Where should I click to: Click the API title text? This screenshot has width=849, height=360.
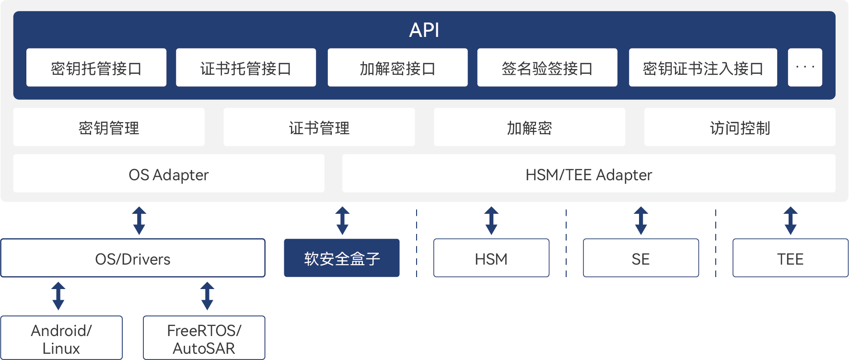(424, 30)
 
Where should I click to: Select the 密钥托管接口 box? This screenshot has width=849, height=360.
(96, 68)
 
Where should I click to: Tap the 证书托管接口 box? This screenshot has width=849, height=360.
(245, 68)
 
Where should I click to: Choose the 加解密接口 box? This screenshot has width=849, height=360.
(397, 68)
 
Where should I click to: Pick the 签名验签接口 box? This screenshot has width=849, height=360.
(547, 68)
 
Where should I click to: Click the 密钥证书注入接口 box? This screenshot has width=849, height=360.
(702, 68)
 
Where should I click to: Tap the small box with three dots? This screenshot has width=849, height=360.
(804, 68)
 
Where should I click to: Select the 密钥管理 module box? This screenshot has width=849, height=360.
(109, 127)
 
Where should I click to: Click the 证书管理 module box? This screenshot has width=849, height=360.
(319, 127)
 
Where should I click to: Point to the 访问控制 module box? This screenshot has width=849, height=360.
(739, 127)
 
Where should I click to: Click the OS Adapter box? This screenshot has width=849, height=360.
(169, 174)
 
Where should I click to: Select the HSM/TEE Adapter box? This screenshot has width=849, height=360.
(588, 174)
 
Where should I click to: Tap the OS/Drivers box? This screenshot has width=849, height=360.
(133, 258)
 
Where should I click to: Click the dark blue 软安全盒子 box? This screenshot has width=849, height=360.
(341, 258)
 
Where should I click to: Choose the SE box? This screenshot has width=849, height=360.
(640, 258)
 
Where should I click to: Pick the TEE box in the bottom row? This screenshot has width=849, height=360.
(790, 258)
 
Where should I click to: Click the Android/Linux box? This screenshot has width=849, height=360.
(61, 338)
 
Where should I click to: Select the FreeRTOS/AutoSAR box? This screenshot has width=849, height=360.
(204, 338)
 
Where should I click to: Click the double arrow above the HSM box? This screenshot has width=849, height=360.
(491, 221)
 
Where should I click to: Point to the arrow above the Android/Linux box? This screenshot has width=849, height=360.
(58, 296)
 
